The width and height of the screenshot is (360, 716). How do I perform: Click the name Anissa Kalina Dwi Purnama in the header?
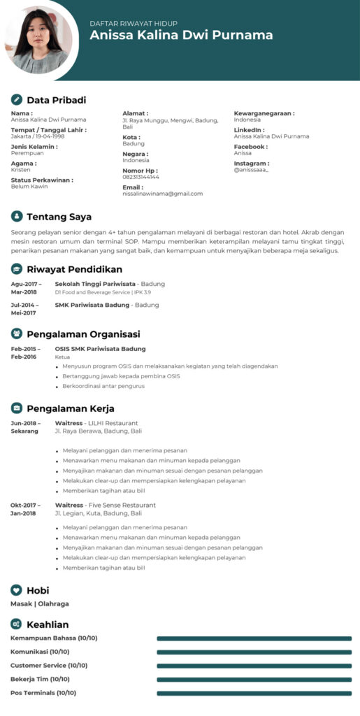(181, 36)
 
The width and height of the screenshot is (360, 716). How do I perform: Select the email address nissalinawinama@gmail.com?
(162, 194)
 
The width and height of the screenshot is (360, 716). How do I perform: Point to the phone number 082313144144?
(141, 177)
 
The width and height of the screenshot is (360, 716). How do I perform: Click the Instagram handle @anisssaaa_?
(251, 170)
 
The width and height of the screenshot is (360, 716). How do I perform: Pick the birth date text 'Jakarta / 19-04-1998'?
(39, 136)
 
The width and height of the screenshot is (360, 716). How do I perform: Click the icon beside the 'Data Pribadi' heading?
(17, 100)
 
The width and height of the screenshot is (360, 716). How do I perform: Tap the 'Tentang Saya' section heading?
(59, 217)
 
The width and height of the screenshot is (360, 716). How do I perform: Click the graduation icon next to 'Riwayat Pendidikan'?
(17, 269)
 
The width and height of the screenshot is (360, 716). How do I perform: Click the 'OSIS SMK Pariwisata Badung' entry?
(100, 348)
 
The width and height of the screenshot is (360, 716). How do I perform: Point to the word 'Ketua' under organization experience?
(62, 357)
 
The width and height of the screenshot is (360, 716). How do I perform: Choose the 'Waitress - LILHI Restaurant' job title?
(96, 423)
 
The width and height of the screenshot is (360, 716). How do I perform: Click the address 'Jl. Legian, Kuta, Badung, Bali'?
(98, 513)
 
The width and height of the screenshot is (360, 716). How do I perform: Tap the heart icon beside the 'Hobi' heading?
(17, 590)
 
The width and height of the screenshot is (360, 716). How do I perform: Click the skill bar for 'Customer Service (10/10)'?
(254, 666)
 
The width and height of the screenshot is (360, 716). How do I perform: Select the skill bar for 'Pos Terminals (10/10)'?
(254, 693)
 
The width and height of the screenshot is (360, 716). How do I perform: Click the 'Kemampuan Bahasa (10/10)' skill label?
(54, 638)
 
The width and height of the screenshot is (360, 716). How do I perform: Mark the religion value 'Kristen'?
(21, 170)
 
